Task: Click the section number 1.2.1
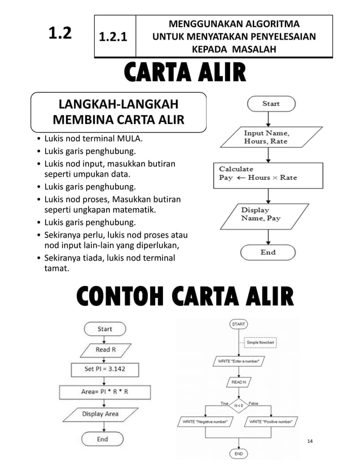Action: [x=113, y=37]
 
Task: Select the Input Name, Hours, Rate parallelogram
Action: [x=266, y=137]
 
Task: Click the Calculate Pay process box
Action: [x=266, y=173]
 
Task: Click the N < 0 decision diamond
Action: [x=239, y=405]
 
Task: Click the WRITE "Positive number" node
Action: [x=274, y=421]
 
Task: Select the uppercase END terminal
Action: [x=239, y=453]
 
